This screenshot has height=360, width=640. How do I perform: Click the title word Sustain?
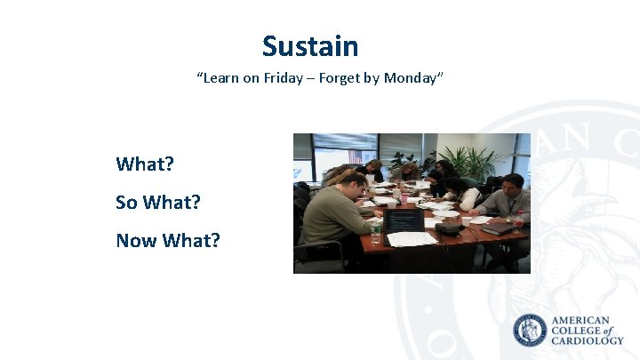(x=310, y=46)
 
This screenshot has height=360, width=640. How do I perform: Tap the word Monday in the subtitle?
(x=410, y=78)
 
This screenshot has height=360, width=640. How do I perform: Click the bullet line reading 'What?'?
(x=145, y=164)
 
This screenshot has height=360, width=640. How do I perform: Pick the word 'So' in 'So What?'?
(x=126, y=203)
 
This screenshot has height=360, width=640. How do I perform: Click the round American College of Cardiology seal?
(x=531, y=331)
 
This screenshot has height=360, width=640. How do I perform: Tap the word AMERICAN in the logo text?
(x=580, y=320)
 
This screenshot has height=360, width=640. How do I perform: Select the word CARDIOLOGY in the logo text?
(x=588, y=340)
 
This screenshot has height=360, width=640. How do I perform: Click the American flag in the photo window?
(x=356, y=156)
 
